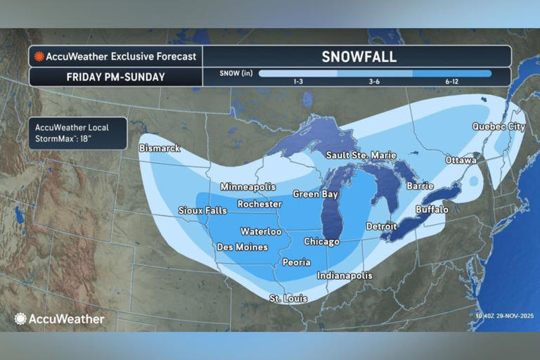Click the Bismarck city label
pyautogui.click(x=160, y=148)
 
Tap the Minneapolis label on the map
pyautogui.click(x=247, y=187)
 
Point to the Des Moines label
pyautogui.click(x=242, y=247)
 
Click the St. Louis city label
pyautogui.click(x=288, y=299)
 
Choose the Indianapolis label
pyautogui.click(x=345, y=276)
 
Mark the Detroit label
pyautogui.click(x=382, y=226)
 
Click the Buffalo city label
pyautogui.click(x=432, y=210)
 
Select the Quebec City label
pyautogui.click(x=498, y=127)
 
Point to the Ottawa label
pyautogui.click(x=461, y=160)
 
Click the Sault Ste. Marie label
pyautogui.click(x=361, y=155)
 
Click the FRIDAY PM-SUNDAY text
pyautogui.click(x=115, y=77)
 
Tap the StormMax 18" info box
pyautogui.click(x=78, y=133)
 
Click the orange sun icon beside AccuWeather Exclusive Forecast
pyautogui.click(x=39, y=56)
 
